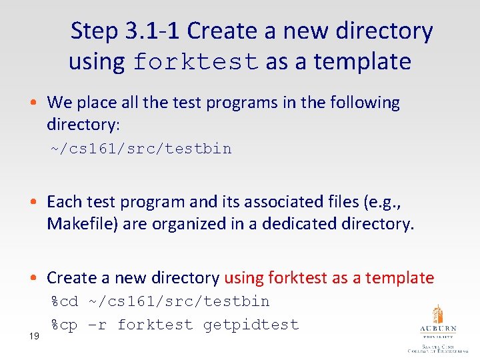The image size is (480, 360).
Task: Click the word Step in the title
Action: [93, 31]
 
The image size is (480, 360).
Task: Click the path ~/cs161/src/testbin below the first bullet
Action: [141, 149]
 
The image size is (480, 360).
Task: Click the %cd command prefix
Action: [65, 301]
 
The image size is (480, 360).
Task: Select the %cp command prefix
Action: [65, 325]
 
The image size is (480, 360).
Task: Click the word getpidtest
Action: [251, 325]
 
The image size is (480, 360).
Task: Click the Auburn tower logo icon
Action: [437, 314]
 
